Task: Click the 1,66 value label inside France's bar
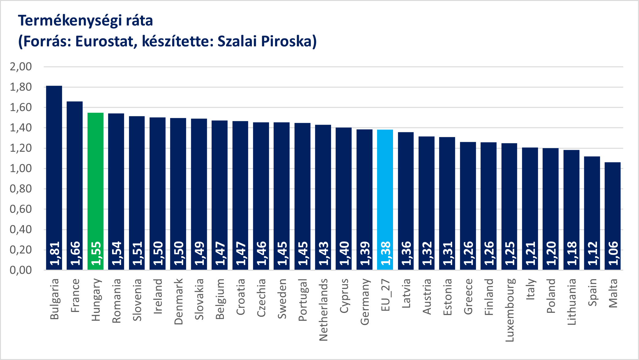(x=75, y=253)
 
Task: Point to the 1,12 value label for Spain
(x=592, y=253)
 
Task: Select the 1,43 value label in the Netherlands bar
(x=323, y=253)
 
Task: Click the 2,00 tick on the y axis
(x=21, y=67)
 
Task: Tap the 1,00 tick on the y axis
(x=21, y=168)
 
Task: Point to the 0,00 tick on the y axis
(x=21, y=270)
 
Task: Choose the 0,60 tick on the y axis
(x=21, y=209)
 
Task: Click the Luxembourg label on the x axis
(x=509, y=310)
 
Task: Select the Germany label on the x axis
(x=364, y=302)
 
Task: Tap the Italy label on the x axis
(x=530, y=289)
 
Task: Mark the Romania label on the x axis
(x=116, y=301)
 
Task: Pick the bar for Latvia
(x=406, y=200)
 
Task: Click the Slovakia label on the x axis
(x=199, y=299)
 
